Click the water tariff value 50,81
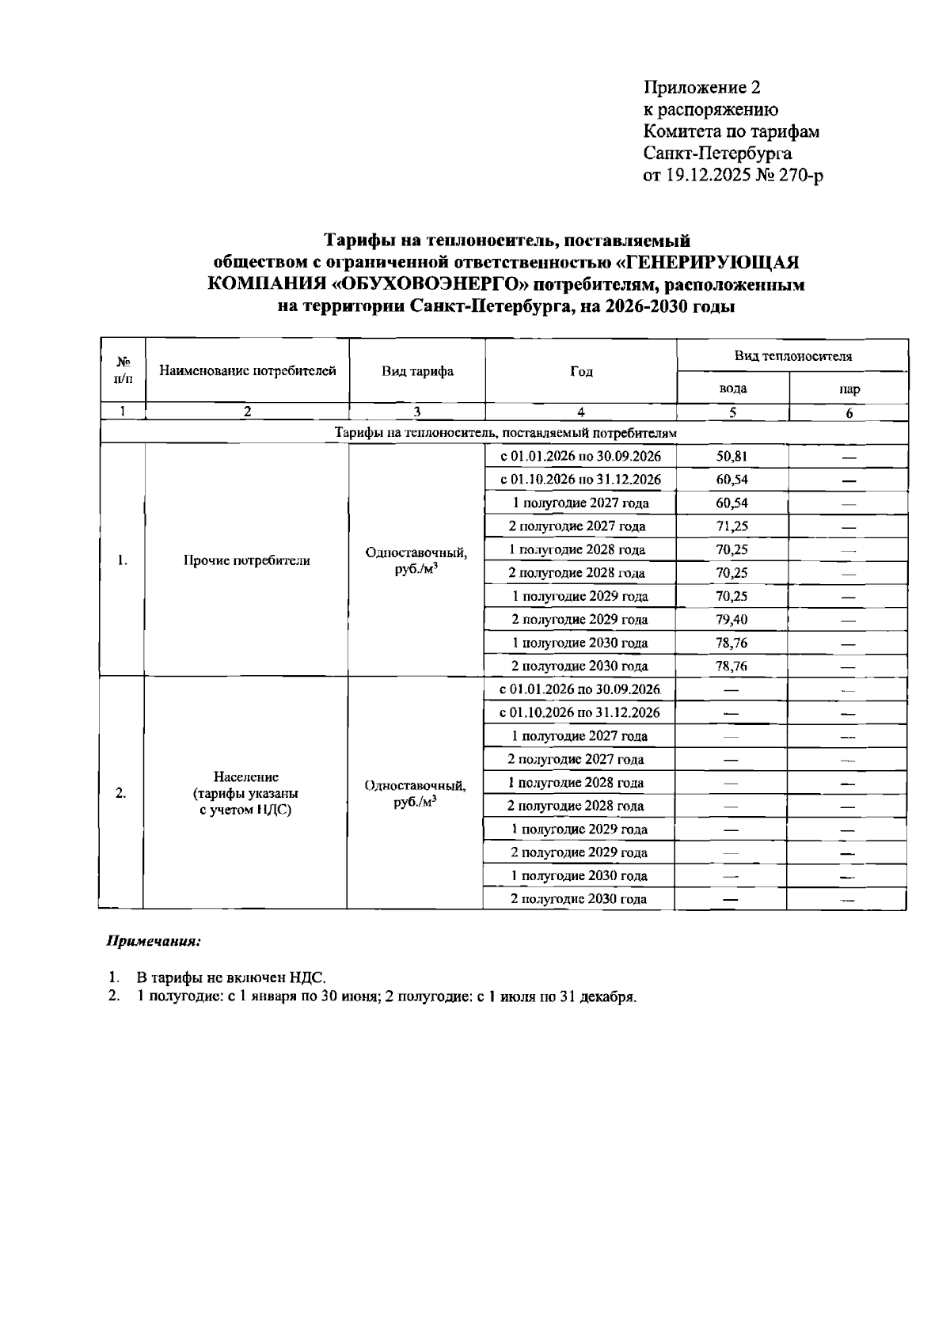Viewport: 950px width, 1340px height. pyautogui.click(x=731, y=456)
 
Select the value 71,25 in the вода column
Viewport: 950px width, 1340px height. pyautogui.click(x=731, y=526)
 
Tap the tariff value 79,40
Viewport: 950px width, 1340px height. pyautogui.click(x=731, y=619)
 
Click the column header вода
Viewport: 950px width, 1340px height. pyautogui.click(x=732, y=389)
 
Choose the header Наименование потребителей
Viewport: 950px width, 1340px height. pyautogui.click(x=248, y=370)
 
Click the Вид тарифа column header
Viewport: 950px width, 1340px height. pyautogui.click(x=417, y=371)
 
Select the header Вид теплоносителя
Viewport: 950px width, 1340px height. pyautogui.click(x=792, y=356)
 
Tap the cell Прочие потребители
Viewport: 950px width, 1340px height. pyautogui.click(x=247, y=560)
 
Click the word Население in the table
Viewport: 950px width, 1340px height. pyautogui.click(x=246, y=777)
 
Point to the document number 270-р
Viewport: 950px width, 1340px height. pyautogui.click(x=802, y=175)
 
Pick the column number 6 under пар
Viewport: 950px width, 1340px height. pyautogui.click(x=849, y=412)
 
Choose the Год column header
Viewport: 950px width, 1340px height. pyautogui.click(x=581, y=371)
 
